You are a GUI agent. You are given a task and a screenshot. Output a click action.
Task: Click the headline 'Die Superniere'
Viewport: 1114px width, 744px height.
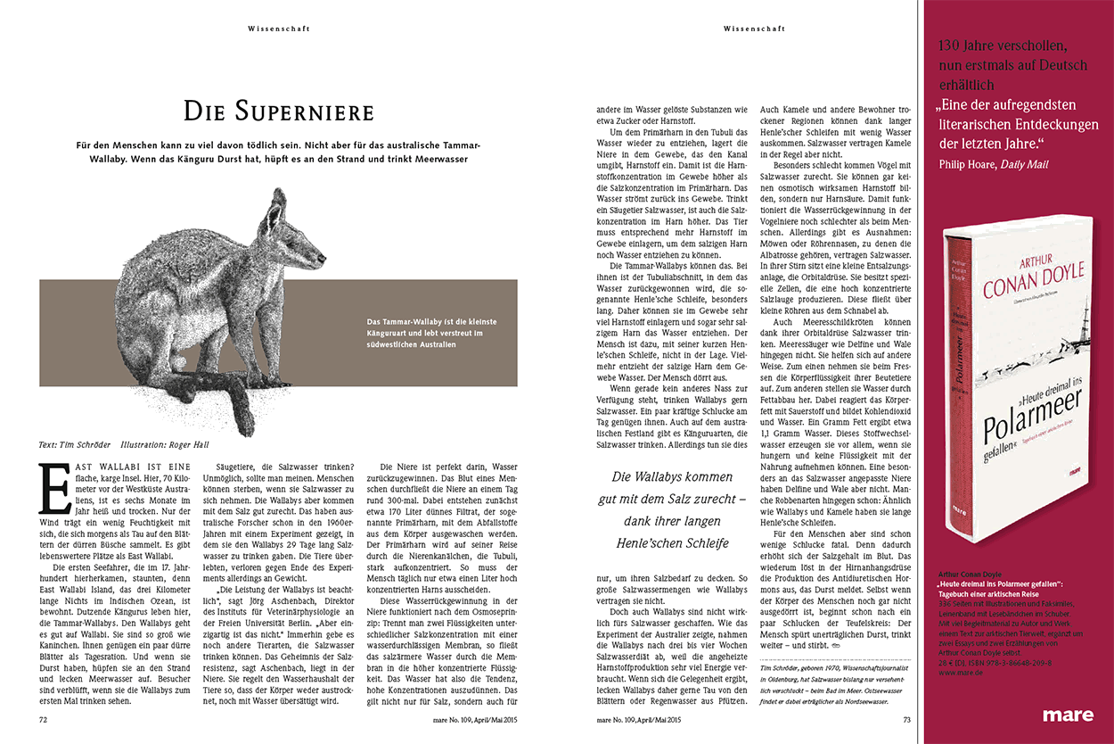coord(278,112)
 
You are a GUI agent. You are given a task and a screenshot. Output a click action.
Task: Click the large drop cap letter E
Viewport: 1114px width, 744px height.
coord(55,489)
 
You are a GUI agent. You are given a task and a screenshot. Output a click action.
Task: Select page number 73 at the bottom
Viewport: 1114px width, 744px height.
coord(906,717)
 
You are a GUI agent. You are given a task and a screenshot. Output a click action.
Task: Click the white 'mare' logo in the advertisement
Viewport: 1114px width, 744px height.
coord(1068,715)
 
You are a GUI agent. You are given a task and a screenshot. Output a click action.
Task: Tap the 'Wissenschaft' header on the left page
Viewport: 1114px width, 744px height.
coord(279,29)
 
